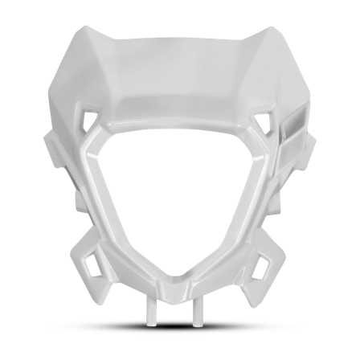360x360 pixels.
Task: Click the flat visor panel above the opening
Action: click(180, 80)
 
